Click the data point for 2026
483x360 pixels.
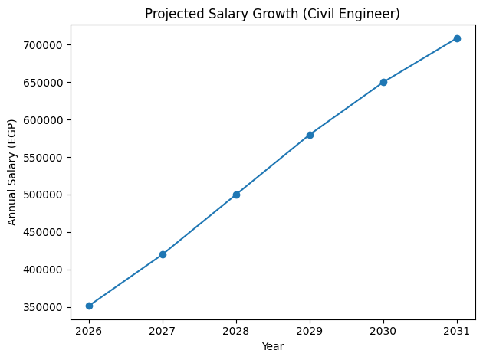pyautogui.click(x=89, y=306)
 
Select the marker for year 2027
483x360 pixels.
pyautogui.click(x=163, y=254)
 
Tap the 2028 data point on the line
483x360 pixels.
pyautogui.click(x=236, y=195)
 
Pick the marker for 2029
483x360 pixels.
pyautogui.click(x=310, y=135)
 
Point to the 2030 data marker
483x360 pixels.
pyautogui.click(x=383, y=82)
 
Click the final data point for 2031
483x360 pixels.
pyautogui.click(x=457, y=38)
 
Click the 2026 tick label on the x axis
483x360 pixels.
pyautogui.click(x=89, y=331)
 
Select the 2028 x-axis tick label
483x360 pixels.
pyautogui.click(x=236, y=331)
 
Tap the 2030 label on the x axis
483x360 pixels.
pyautogui.click(x=383, y=331)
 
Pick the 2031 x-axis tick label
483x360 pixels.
pyautogui.click(x=457, y=331)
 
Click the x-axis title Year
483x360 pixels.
pyautogui.click(x=273, y=346)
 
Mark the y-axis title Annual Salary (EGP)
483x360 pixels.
pyautogui.click(x=12, y=172)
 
